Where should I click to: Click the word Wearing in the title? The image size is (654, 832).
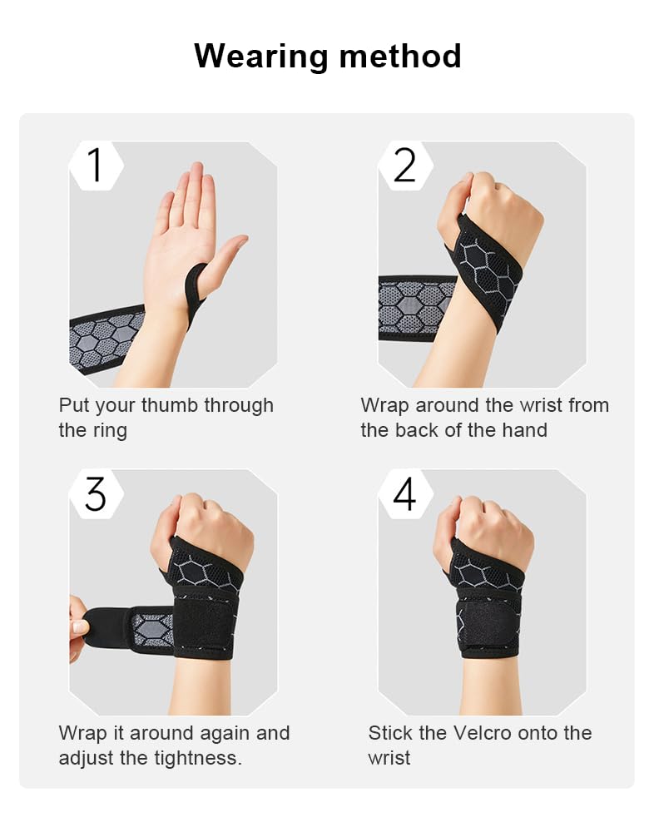coord(260,57)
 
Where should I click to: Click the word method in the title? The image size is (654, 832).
coord(399,57)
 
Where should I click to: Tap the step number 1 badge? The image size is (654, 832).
coord(96,165)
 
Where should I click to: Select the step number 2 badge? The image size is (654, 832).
coord(404,165)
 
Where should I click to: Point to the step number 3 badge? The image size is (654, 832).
coord(96,494)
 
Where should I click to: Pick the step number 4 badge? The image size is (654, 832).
coord(404,494)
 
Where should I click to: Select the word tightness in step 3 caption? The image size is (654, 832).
coord(200,759)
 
